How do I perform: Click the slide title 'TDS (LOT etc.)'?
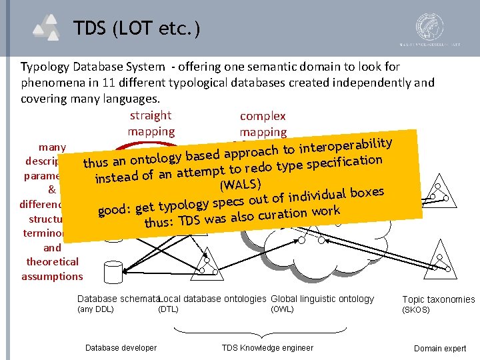tap(136, 28)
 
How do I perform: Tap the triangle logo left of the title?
tap(49, 28)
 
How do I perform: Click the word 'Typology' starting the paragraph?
tap(45, 67)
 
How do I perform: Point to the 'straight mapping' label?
tap(151, 123)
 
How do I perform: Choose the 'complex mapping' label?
tap(263, 124)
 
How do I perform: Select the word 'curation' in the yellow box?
tap(286, 214)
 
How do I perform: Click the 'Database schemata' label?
tap(117, 299)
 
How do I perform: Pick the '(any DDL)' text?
tap(96, 309)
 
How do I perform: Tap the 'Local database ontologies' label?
tap(213, 299)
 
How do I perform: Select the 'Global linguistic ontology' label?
tap(323, 299)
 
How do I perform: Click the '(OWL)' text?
tap(283, 309)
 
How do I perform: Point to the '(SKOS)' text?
tap(417, 310)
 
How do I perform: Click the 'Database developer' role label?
tap(121, 347)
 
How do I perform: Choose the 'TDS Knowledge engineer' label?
tap(267, 347)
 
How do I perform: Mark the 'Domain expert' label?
tap(440, 348)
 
